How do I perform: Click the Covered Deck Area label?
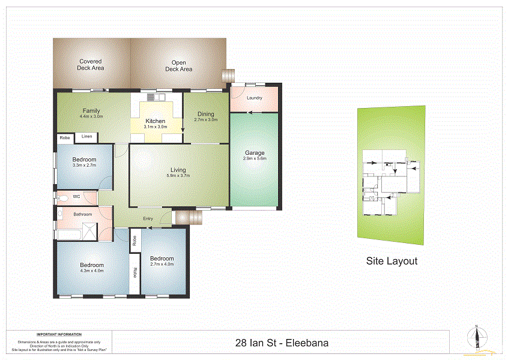(x=91, y=65)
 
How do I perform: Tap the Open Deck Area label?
(x=178, y=65)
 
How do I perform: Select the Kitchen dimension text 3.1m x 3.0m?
(x=155, y=127)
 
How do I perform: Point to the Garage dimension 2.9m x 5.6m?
(x=254, y=159)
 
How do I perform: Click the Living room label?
(x=178, y=170)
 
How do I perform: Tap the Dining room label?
(x=205, y=114)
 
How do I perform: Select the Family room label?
(x=91, y=111)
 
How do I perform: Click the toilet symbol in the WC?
(x=62, y=196)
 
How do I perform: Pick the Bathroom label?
(x=83, y=214)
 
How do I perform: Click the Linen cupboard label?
(x=86, y=137)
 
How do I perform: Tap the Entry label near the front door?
(x=148, y=218)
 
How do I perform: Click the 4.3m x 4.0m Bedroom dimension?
(x=92, y=271)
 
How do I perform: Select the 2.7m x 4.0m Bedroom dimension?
(x=162, y=264)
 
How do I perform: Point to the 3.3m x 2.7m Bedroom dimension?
(x=84, y=165)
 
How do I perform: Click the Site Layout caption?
(x=392, y=261)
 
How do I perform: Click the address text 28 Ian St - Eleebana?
(x=282, y=344)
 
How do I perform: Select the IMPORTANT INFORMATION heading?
(x=59, y=334)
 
